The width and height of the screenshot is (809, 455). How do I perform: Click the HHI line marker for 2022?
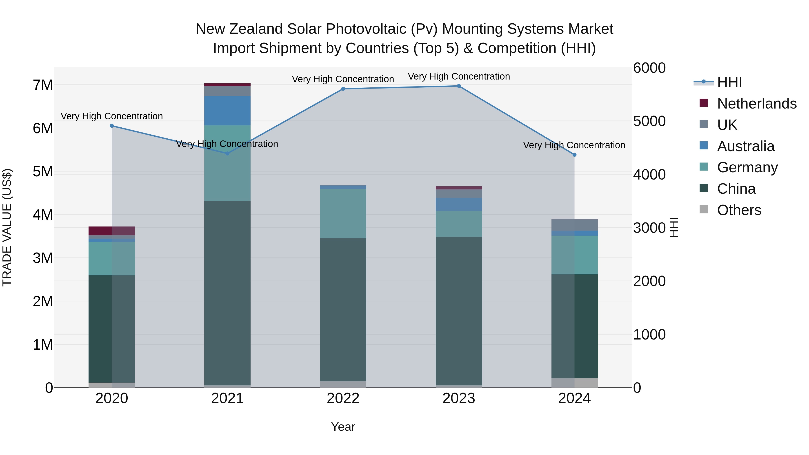click(343, 89)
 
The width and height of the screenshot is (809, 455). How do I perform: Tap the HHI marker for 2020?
click(112, 126)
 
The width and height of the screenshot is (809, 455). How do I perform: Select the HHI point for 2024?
click(574, 155)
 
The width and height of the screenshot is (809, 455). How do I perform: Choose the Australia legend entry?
click(746, 146)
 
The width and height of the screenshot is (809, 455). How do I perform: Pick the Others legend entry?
click(739, 210)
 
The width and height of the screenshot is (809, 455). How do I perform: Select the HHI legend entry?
click(729, 82)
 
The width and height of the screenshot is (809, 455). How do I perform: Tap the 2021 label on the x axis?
click(227, 398)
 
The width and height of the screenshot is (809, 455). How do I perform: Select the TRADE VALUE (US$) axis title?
click(7, 227)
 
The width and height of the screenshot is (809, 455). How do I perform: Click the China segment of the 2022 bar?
click(343, 309)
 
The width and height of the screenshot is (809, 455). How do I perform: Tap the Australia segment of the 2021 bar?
click(227, 111)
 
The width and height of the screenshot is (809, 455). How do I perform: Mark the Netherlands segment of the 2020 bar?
click(112, 231)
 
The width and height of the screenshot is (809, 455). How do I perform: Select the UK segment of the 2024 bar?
click(574, 225)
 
